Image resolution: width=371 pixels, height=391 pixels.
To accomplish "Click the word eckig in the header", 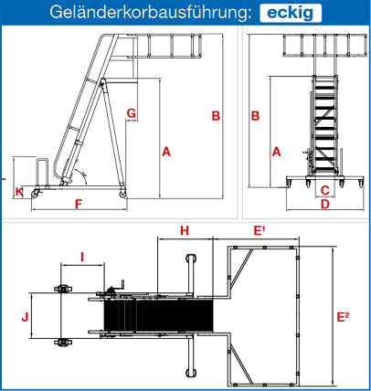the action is click(291, 13).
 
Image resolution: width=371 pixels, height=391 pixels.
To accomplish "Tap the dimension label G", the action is click(132, 113).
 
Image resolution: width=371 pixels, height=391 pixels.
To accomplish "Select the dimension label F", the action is click(79, 205).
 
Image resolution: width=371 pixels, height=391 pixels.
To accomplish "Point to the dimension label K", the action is click(19, 192).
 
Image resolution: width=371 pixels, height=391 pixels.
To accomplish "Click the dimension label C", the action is click(325, 190).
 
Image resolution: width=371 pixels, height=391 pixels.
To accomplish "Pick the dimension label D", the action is click(325, 204).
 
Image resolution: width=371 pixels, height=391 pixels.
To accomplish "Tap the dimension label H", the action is click(185, 231).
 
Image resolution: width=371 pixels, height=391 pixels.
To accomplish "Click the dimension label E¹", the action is click(260, 231).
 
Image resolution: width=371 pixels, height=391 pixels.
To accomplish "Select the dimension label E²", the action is click(343, 317).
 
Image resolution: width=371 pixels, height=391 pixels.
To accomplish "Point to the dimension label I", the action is click(82, 258).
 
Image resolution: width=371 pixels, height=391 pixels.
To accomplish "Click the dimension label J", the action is click(25, 317).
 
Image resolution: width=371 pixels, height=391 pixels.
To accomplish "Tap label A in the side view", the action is click(166, 152).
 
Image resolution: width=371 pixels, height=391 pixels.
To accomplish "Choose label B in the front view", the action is click(255, 116).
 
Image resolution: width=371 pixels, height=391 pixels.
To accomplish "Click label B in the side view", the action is click(216, 116).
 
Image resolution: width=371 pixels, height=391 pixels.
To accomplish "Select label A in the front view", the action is click(276, 152).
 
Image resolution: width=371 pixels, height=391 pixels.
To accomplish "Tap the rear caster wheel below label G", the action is click(122, 194).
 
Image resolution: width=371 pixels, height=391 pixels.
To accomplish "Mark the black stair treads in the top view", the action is click(158, 315).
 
